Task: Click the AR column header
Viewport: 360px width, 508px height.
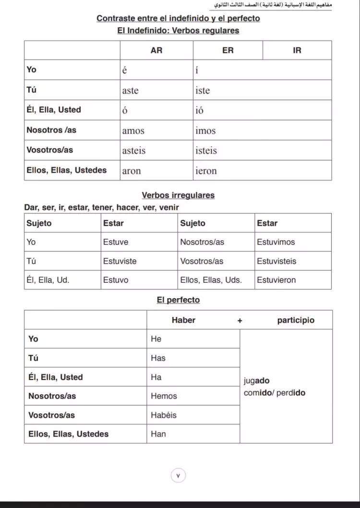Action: point(156,50)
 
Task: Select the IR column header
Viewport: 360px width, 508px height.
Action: point(297,50)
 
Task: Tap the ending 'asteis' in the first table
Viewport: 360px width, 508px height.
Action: point(134,151)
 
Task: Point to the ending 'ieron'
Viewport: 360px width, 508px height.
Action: point(206,171)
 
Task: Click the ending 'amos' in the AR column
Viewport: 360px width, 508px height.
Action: point(133,131)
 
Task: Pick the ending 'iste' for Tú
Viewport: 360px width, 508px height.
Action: point(203,91)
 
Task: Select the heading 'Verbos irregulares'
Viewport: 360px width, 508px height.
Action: point(178,195)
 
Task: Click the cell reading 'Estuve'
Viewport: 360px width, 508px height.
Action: point(116,242)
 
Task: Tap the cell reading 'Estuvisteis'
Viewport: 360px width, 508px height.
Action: point(276,261)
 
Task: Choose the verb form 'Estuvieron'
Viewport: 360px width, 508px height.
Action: point(276,280)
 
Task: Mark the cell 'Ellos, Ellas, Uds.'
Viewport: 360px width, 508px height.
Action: point(211,280)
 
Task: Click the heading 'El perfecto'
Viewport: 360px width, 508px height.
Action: point(178,300)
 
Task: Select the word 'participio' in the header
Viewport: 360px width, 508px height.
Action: point(296,320)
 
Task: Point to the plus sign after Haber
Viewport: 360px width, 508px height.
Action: point(240,320)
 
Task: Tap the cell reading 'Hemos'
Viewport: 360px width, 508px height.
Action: point(164,396)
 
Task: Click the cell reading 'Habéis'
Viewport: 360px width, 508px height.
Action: point(164,415)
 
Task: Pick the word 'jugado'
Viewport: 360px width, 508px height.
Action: point(256,381)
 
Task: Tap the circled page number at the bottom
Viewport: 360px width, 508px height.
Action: point(178,476)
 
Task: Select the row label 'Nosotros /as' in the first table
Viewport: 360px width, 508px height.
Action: point(51,130)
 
